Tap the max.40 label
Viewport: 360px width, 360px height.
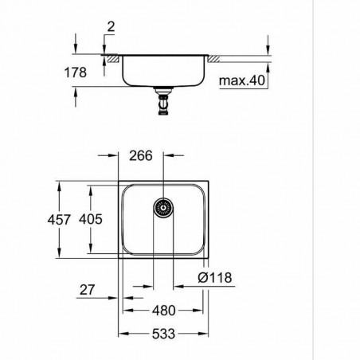[241, 80]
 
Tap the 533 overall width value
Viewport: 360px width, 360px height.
[162, 335]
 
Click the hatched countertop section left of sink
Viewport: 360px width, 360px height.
[114, 58]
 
